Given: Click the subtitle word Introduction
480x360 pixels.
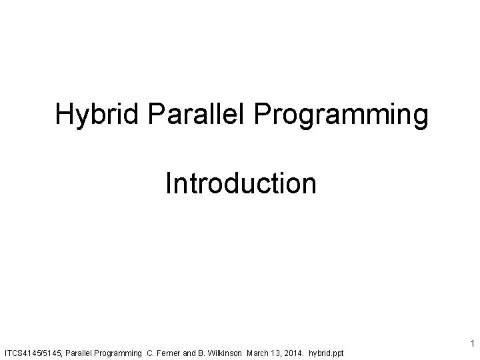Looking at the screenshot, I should pyautogui.click(x=241, y=183).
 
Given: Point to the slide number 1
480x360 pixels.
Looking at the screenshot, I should pyautogui.click(x=471, y=344).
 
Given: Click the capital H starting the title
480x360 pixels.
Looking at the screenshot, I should pyautogui.click(x=64, y=115).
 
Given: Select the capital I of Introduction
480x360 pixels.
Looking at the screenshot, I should pyautogui.click(x=169, y=183).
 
